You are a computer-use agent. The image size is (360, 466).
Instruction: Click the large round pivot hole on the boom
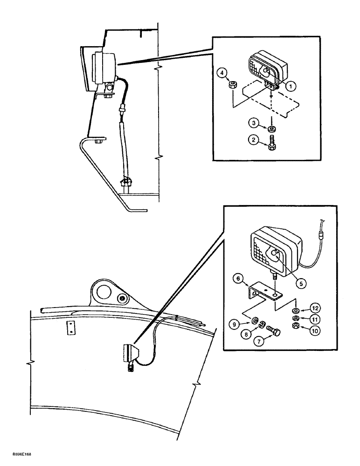click(103, 294)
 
